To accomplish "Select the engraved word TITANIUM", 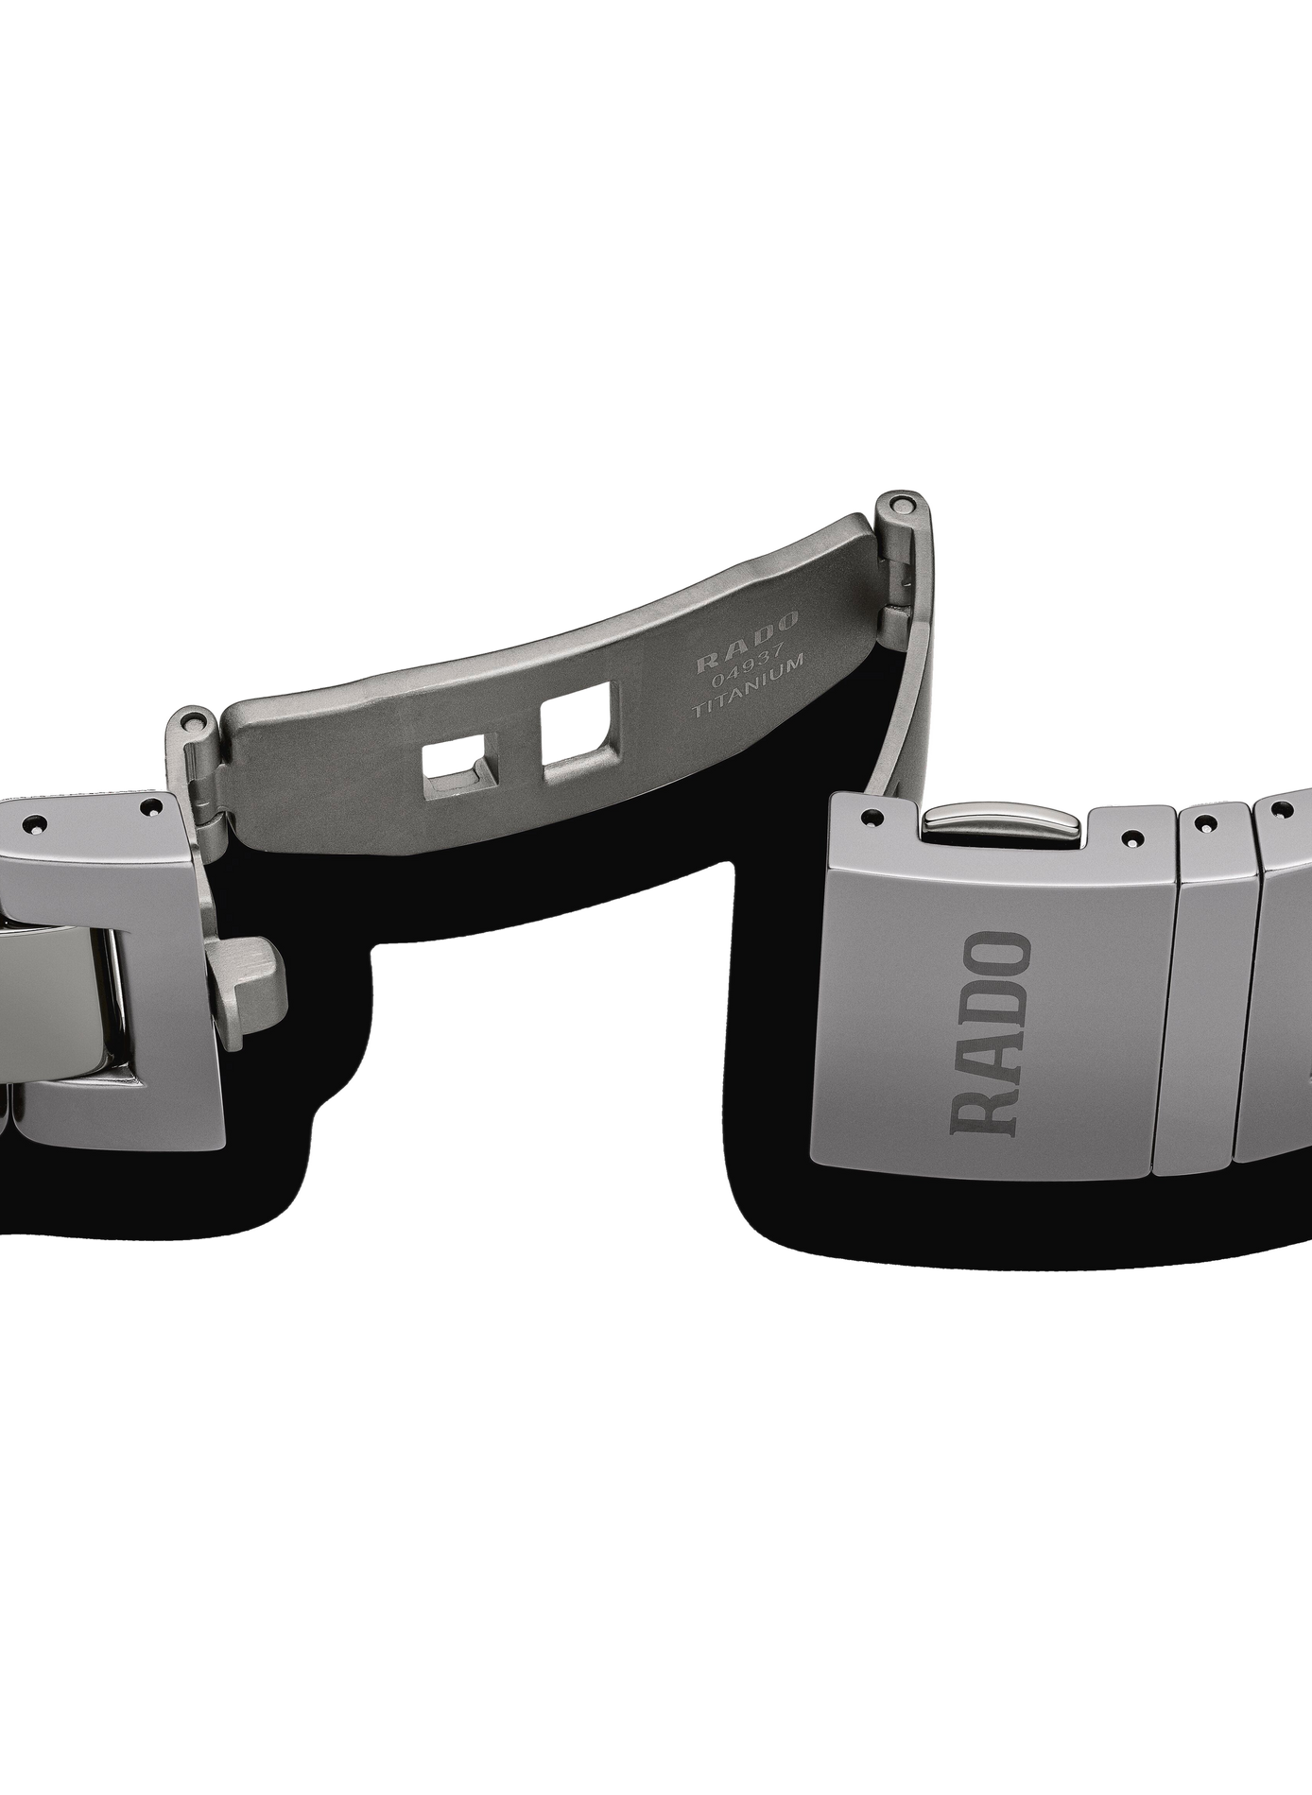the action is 748,684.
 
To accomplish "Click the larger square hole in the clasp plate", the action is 576,726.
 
